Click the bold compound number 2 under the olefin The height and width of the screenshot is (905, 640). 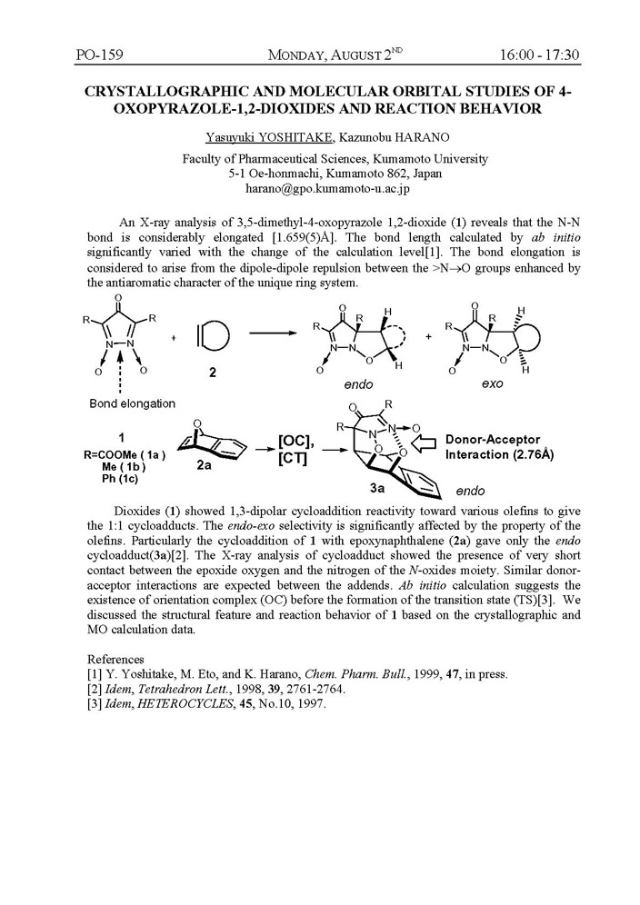pyautogui.click(x=211, y=372)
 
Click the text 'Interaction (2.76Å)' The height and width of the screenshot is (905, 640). pyautogui.click(x=500, y=454)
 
